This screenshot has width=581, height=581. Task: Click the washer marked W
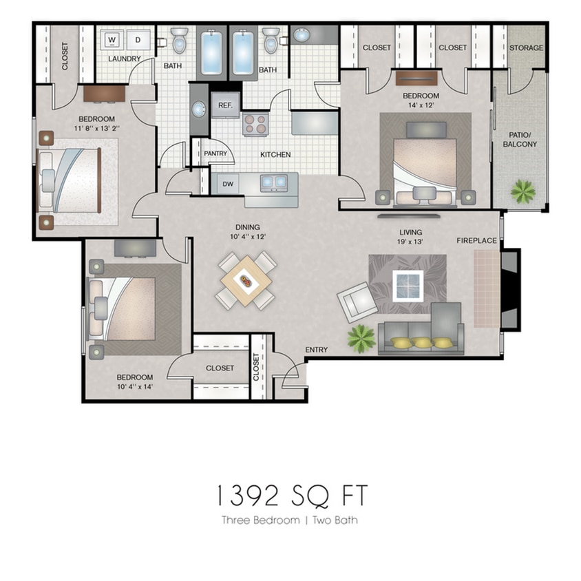tap(112, 39)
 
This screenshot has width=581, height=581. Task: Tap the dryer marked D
tap(137, 39)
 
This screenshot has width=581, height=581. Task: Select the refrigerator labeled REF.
tap(224, 105)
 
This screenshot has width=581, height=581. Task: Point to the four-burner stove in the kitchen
tap(255, 125)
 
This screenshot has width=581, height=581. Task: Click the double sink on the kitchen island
tap(273, 182)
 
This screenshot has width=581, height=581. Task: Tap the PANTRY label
tap(215, 154)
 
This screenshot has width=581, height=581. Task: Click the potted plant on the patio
tap(523, 191)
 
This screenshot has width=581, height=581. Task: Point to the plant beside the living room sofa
tap(361, 338)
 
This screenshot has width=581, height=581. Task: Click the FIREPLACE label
tap(477, 240)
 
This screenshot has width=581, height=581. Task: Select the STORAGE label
tap(526, 48)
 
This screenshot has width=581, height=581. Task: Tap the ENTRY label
tap(316, 350)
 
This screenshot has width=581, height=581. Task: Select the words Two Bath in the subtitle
tap(336, 520)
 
